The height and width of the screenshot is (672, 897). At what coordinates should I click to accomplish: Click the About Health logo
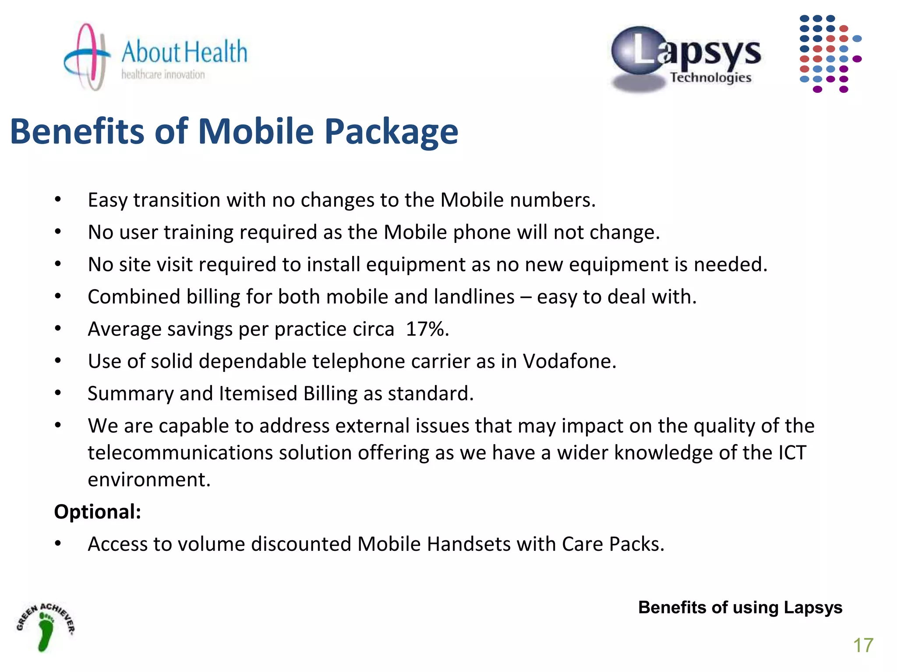(155, 57)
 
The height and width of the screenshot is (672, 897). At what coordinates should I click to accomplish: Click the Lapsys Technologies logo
(686, 59)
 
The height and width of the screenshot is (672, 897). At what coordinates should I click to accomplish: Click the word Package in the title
(391, 132)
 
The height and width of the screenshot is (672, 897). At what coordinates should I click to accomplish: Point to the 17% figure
(427, 329)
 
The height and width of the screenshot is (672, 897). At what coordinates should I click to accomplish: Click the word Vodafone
(569, 361)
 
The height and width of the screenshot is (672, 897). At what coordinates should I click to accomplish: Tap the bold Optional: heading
(98, 512)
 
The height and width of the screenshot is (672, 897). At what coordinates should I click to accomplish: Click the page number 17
(863, 645)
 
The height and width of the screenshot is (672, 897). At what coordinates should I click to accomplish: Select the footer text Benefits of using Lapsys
(740, 608)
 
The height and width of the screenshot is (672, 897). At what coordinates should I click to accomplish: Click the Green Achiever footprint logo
(46, 627)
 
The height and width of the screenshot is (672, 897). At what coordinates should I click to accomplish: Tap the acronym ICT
(792, 453)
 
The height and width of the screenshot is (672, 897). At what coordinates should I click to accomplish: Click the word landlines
(474, 297)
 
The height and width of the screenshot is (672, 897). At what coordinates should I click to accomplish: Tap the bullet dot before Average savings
(58, 329)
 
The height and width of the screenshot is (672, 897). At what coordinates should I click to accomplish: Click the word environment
(149, 480)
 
